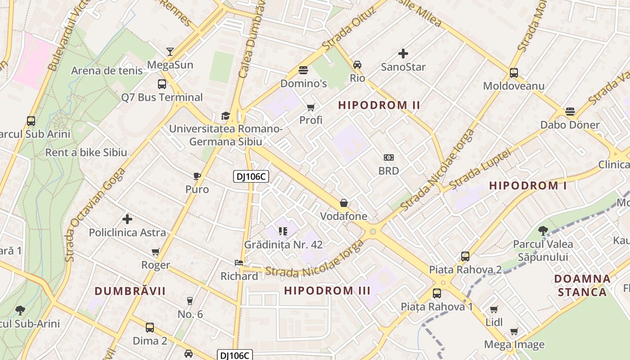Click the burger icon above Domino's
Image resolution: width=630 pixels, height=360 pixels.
[x=303, y=70]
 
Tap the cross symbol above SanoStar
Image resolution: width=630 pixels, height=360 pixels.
[x=403, y=54]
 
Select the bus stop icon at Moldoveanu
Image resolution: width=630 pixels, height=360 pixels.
[x=513, y=73]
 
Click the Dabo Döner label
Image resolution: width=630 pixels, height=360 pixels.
[x=570, y=125]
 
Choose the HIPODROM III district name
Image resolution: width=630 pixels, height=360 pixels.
[x=327, y=291]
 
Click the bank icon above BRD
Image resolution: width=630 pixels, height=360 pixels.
[x=389, y=157]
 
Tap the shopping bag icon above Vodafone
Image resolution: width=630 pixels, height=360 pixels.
[x=344, y=203]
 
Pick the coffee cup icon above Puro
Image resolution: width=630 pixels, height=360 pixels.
[x=197, y=176]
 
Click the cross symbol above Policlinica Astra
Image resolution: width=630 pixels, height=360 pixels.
[x=127, y=219]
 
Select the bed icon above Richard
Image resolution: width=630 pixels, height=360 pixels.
[x=239, y=263]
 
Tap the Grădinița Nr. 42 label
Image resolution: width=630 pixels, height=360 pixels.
[x=283, y=245]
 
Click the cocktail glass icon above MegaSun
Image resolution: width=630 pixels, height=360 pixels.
[x=170, y=52]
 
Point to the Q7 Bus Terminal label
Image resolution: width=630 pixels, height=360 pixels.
[x=162, y=97]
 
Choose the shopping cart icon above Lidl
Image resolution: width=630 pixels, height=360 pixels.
[x=494, y=309]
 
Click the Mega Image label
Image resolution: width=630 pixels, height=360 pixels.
[x=514, y=345]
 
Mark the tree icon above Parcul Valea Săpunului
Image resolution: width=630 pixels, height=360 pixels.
[x=543, y=231]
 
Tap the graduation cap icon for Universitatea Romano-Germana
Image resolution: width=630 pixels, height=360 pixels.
[x=225, y=116]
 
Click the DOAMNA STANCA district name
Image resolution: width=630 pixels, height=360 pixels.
[x=582, y=285]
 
